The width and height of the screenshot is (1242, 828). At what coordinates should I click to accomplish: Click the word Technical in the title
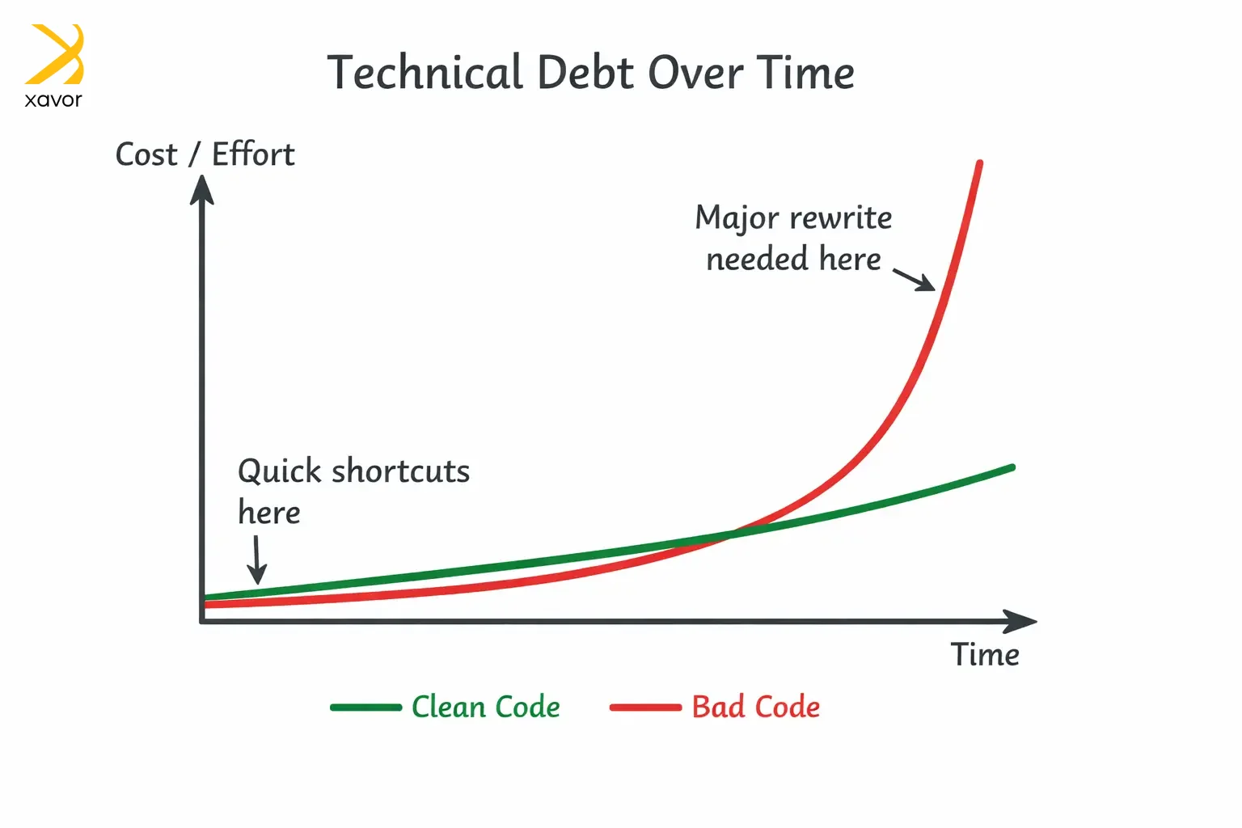(425, 72)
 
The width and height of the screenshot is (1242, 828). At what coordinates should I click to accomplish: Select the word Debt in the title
(585, 72)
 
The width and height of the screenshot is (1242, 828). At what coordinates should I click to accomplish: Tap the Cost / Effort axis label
(205, 154)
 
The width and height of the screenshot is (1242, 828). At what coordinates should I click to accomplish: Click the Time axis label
(985, 654)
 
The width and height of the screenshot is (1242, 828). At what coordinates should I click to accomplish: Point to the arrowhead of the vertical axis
(202, 190)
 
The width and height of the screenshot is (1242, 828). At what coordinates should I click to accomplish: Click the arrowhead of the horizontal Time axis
(1020, 621)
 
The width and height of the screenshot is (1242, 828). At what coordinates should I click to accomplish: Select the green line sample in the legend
(366, 707)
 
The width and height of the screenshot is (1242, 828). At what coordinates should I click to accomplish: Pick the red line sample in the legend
(645, 707)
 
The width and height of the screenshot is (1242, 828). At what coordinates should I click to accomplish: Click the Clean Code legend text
(486, 707)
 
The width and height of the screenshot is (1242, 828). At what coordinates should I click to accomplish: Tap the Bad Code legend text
(756, 707)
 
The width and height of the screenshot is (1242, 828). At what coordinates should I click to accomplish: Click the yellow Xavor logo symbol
(54, 54)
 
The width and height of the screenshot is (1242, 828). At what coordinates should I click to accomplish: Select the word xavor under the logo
(53, 99)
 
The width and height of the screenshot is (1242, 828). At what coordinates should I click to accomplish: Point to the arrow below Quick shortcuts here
(256, 560)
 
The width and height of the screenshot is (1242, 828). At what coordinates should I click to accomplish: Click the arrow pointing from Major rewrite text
(914, 280)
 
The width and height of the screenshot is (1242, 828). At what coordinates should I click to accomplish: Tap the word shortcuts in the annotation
(400, 471)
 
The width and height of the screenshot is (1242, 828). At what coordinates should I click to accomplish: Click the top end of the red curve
(980, 163)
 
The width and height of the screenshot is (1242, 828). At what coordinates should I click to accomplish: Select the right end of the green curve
(1012, 467)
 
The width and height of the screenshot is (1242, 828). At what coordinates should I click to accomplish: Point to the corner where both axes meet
(202, 621)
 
